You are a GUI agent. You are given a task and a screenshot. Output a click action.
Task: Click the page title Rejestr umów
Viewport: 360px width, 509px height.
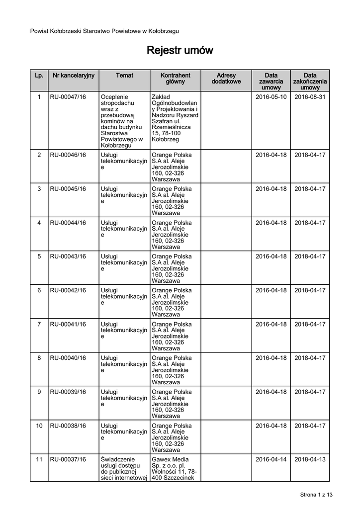180,51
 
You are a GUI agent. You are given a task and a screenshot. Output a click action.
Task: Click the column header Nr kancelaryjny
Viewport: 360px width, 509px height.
74,76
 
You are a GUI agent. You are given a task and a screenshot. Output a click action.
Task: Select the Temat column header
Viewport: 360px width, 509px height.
124,76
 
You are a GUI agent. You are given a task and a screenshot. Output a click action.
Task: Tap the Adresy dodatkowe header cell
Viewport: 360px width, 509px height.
226,79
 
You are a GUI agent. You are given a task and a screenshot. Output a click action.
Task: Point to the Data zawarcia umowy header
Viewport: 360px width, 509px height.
271,81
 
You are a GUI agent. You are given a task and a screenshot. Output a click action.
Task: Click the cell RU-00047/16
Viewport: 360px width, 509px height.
68,97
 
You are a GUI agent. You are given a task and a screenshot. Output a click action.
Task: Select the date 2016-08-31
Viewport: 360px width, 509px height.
310,97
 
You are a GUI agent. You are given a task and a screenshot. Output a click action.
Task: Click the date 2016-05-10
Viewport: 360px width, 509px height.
271,97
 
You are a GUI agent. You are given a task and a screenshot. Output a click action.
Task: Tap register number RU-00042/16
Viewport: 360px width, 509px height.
68,290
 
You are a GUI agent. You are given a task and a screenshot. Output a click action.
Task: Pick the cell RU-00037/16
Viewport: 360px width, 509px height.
68,459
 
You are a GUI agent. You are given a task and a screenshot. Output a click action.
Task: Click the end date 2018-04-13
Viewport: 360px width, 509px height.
310,459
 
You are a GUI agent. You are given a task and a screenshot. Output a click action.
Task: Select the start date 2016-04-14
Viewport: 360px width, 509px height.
271,459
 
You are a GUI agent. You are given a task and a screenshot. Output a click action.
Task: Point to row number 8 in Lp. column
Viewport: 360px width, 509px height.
39,358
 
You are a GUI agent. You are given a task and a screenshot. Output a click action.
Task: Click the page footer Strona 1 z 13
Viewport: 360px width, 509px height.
316,495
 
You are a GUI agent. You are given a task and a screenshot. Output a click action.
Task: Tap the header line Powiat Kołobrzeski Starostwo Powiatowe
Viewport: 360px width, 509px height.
104,31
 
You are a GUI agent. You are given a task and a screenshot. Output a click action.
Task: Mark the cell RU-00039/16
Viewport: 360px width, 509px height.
68,392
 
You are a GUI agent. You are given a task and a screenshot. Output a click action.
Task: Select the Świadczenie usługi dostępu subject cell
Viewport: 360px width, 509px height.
124,468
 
